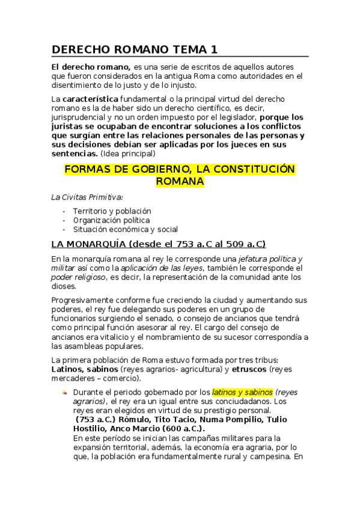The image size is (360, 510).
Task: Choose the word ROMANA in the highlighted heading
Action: [180, 182]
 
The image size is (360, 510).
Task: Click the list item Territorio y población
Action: [112, 211]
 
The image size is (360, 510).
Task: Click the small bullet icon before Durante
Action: [65, 392]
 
